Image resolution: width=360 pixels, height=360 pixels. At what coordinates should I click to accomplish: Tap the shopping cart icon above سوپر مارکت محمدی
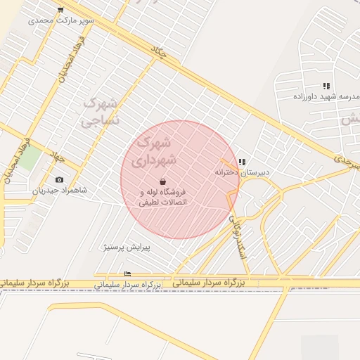pyautogui.click(x=60, y=10)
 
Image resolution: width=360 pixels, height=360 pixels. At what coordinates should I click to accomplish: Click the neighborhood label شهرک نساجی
pyautogui.click(x=101, y=111)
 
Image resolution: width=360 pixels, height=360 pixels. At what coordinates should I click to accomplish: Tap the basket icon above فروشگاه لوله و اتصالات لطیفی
pyautogui.click(x=163, y=181)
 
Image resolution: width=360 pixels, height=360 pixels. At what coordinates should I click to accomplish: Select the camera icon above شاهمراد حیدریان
pyautogui.click(x=58, y=180)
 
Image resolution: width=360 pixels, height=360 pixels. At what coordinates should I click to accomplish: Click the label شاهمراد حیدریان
pyautogui.click(x=60, y=191)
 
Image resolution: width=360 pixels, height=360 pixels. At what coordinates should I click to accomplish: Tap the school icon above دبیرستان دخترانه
pyautogui.click(x=242, y=162)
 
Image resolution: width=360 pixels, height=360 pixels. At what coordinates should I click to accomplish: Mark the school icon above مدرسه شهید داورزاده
pyautogui.click(x=326, y=86)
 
